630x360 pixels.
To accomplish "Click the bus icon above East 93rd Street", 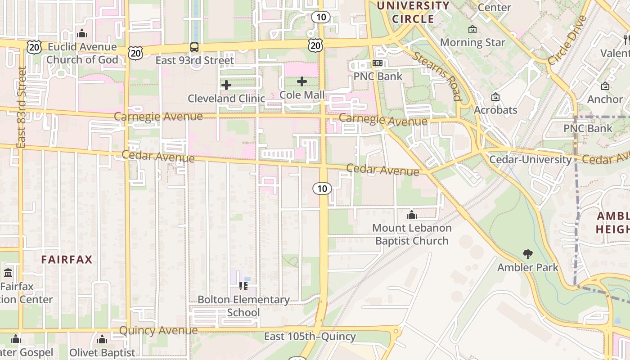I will (x=194, y=47).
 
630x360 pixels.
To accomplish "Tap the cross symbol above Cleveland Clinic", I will (x=226, y=85).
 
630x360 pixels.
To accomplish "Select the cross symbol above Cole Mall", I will (x=302, y=81).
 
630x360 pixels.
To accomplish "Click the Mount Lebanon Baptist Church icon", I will (x=411, y=215).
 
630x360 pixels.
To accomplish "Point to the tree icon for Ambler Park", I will (x=528, y=254).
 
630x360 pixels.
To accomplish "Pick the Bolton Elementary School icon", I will (x=243, y=286).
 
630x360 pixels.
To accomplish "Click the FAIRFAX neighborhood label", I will (x=67, y=260).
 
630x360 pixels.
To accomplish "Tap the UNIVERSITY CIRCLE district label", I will (x=413, y=12).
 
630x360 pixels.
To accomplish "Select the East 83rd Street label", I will (x=21, y=107).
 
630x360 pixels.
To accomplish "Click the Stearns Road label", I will (x=437, y=76).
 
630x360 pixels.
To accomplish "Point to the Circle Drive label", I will (x=567, y=40).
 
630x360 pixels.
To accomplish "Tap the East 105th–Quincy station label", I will (x=310, y=337).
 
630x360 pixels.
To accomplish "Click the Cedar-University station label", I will (x=531, y=160).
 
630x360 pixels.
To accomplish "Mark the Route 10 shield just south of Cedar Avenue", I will (x=322, y=189).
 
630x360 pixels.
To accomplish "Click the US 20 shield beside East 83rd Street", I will (x=34, y=47).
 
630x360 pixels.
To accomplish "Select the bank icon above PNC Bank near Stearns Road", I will (x=378, y=63).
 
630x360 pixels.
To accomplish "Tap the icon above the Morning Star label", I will (x=472, y=30).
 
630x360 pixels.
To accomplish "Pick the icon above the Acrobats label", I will (x=495, y=97).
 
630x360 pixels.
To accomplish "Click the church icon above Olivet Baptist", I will (x=102, y=339).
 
